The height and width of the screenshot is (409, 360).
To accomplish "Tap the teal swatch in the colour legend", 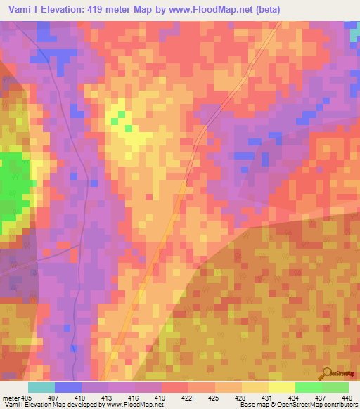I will tap(41, 387).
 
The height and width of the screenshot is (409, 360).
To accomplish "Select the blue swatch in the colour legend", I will tap(67, 387).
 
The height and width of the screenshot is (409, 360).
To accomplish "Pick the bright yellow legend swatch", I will tap(281, 387).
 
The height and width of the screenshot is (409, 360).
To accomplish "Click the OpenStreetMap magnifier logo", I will tap(327, 372).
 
